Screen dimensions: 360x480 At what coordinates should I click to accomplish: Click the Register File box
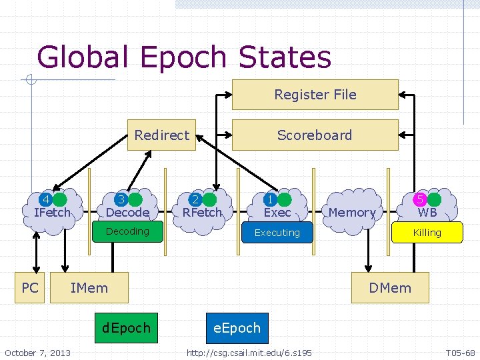pos(315,95)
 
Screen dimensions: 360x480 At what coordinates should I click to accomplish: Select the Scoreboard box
pos(315,135)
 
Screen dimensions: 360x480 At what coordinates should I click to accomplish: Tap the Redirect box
pos(161,135)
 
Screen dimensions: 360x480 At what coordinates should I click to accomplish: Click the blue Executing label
pos(277,233)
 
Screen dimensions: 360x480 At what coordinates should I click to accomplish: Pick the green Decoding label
pos(127,231)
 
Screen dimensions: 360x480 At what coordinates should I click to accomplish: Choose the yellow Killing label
pos(427,233)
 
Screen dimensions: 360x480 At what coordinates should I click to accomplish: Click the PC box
pos(30,288)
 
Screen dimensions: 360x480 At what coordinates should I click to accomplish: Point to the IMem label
pos(89,288)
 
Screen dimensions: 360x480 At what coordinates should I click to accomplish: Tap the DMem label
pos(390,288)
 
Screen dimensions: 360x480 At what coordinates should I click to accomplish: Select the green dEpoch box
pos(126,328)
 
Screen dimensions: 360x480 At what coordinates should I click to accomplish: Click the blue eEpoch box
pos(237,328)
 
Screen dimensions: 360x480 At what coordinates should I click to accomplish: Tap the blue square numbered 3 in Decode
pos(121,199)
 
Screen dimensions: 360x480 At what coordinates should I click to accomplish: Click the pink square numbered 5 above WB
pos(420,199)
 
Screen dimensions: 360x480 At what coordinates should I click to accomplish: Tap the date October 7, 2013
pos(37,352)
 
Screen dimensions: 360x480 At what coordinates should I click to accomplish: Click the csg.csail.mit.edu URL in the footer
pos(249,352)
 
